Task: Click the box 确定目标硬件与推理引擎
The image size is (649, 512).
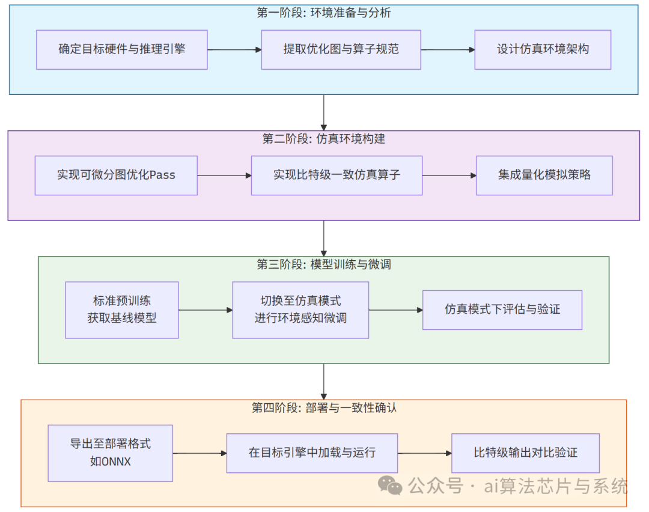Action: (122, 49)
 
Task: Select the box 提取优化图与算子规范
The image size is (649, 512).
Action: (341, 49)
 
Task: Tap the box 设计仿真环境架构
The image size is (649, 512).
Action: (543, 49)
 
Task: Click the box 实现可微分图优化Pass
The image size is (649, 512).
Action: (116, 175)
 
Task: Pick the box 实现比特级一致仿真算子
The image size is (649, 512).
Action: (337, 175)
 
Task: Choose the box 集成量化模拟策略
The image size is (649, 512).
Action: (544, 175)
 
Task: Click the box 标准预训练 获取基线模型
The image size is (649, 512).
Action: (122, 310)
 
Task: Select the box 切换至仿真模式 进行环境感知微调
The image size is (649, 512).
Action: (300, 310)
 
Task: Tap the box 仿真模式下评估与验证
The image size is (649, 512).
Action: (502, 310)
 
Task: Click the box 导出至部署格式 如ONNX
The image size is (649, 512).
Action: (110, 453)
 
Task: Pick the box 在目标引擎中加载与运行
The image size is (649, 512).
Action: (312, 453)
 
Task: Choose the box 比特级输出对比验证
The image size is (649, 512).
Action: (525, 453)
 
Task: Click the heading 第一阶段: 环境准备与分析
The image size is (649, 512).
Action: (324, 13)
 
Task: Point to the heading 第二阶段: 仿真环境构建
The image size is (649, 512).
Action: (324, 139)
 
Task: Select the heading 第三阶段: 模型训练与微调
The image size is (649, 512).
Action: (324, 264)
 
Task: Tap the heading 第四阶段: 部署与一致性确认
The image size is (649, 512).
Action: (324, 408)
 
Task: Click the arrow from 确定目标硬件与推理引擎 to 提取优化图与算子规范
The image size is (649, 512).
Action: (234, 50)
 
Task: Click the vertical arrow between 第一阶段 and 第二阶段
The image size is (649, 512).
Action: (324, 112)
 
